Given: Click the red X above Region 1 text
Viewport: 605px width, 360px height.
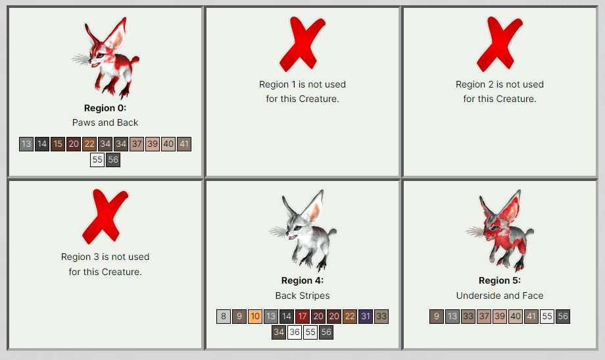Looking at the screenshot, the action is pyautogui.click(x=302, y=43).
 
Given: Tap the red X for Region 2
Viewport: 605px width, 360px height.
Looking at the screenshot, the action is pyautogui.click(x=500, y=43).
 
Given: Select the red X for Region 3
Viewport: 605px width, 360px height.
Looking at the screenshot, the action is pyautogui.click(x=105, y=217).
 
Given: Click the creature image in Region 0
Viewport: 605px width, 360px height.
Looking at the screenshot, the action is pyautogui.click(x=105, y=58).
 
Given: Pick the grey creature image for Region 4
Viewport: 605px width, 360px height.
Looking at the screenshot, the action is pyautogui.click(x=302, y=230).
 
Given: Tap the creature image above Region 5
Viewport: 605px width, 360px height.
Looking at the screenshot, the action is pyautogui.click(x=500, y=230).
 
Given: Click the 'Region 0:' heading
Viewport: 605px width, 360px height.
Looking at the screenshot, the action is pyautogui.click(x=105, y=108).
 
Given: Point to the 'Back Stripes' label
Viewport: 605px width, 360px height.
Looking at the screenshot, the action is pyautogui.click(x=302, y=296).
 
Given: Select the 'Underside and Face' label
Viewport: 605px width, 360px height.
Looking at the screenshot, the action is pyautogui.click(x=500, y=296).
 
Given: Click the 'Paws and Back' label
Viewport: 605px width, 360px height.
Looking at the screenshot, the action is pyautogui.click(x=105, y=122).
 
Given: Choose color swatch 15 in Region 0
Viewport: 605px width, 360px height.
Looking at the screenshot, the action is pyautogui.click(x=58, y=144).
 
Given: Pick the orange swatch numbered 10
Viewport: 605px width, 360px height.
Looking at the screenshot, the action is pyautogui.click(x=255, y=317).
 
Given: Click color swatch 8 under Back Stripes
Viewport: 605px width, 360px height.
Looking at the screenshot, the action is pyautogui.click(x=224, y=317).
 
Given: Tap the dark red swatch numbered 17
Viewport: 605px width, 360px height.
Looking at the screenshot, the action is pyautogui.click(x=302, y=317).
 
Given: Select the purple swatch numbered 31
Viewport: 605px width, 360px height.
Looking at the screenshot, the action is pyautogui.click(x=366, y=317).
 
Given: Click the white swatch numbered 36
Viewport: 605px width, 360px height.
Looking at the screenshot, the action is pyautogui.click(x=295, y=332).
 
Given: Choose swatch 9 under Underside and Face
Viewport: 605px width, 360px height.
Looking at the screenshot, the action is pyautogui.click(x=437, y=317).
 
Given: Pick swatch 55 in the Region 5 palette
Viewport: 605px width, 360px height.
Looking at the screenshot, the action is pyautogui.click(x=547, y=317).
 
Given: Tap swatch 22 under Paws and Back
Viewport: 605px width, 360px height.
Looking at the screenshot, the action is pyautogui.click(x=89, y=144).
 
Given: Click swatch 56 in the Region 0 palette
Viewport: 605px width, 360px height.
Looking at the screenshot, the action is pyautogui.click(x=113, y=160).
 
